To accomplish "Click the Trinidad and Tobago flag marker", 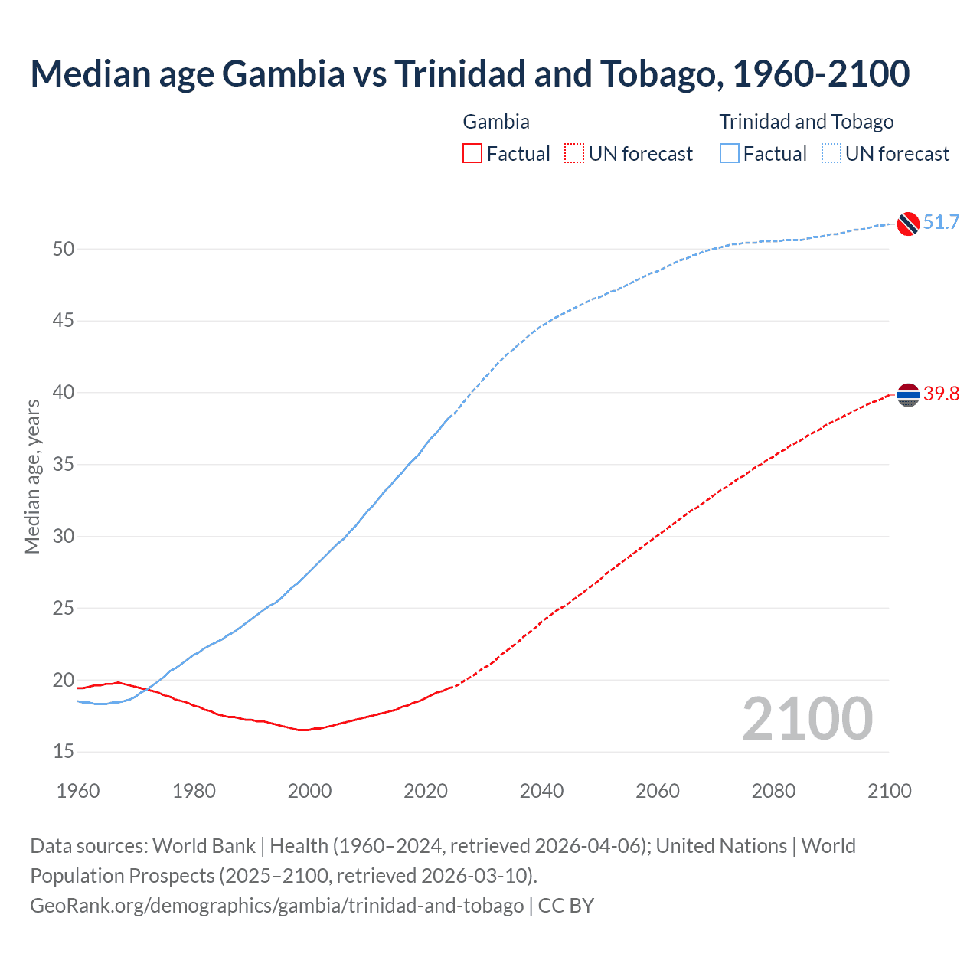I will point(907,223).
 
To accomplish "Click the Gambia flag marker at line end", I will point(907,394).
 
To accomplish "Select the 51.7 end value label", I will point(941,223).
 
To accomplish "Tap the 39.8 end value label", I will point(941,394).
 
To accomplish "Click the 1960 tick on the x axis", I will point(78,791).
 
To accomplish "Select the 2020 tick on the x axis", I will point(426,791).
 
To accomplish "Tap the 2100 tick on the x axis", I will point(889,791).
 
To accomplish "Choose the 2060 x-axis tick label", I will point(658,791).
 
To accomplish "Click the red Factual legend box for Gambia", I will point(472,154).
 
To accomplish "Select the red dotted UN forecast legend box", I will point(574,154).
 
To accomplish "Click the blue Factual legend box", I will point(730,154).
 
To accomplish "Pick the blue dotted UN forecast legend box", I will point(831,154).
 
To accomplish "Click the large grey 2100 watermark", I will point(807,719).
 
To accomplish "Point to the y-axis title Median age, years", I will point(32,476).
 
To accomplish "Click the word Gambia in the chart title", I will point(283,73).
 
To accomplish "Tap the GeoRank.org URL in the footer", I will point(276,906).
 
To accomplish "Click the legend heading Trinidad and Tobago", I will point(806,122).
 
